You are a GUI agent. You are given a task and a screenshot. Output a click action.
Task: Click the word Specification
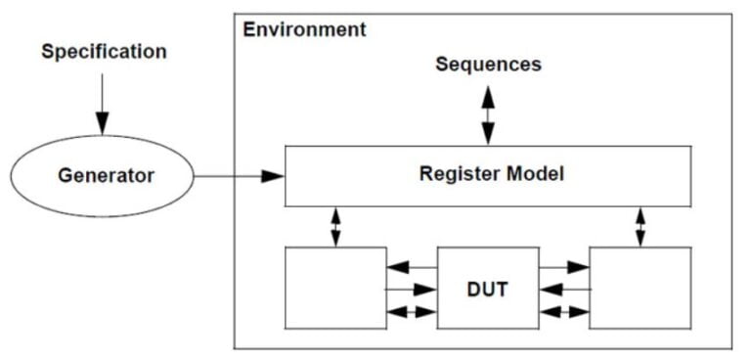point(104,51)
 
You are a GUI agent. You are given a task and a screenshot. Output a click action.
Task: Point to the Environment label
point(304,29)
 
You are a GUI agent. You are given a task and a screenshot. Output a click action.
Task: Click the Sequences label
point(487,65)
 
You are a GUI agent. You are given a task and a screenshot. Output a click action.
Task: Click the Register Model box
point(487,176)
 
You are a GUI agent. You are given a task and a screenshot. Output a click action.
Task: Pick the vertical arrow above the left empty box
point(335,226)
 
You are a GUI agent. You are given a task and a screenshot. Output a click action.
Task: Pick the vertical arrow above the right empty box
point(641,226)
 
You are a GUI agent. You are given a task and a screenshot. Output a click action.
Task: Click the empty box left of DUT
point(334,288)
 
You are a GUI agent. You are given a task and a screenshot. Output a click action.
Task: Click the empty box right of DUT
point(641,288)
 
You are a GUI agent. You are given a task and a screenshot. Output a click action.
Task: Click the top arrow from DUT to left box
point(411,265)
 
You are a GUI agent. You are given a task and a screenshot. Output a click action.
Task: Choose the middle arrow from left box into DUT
point(411,289)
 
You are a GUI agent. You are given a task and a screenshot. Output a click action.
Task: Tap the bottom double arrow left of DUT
point(411,312)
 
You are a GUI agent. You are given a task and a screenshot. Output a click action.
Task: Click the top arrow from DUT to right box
point(564,265)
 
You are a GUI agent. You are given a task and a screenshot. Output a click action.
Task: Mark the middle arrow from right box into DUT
point(564,289)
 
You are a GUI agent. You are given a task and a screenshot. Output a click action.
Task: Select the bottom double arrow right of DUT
point(564,312)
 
